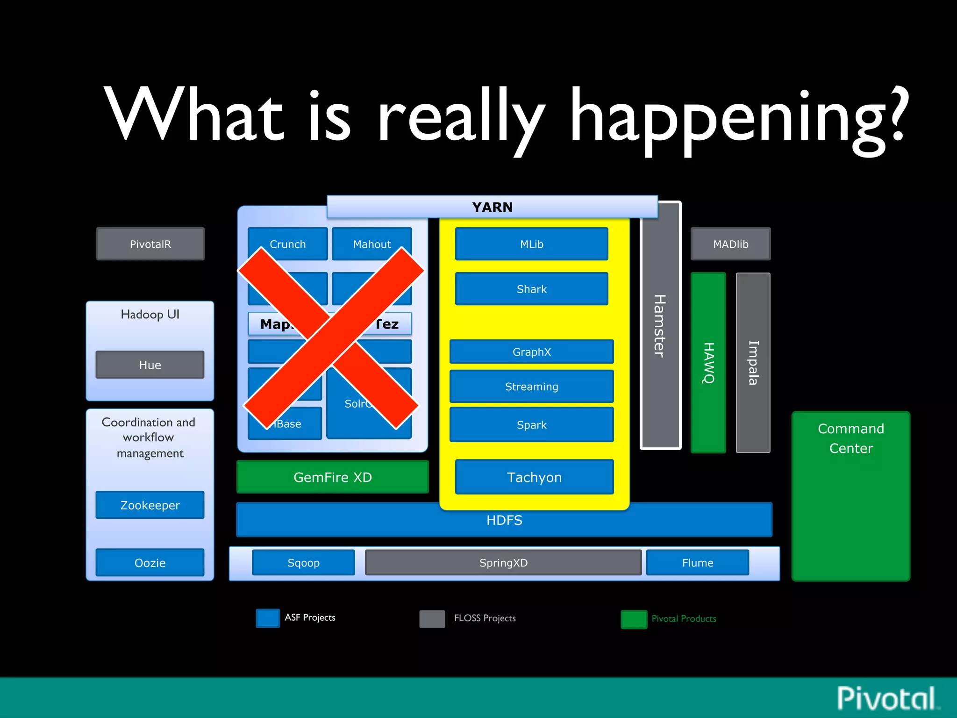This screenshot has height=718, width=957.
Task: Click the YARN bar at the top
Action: coord(492,207)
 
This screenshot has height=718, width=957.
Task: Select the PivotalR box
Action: coord(150,244)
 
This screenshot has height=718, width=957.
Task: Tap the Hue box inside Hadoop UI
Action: coord(150,365)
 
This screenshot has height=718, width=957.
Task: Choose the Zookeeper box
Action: coord(150,505)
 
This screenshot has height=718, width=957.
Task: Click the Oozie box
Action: coord(150,562)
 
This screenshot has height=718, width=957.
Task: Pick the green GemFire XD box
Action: coord(332,477)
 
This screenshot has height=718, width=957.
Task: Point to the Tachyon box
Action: coord(534,477)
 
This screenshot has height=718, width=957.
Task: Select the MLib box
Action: coord(531,244)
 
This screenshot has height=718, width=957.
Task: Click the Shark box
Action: coord(531,289)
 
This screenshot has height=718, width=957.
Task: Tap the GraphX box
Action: coord(531,352)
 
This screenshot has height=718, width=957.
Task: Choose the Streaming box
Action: coord(531,386)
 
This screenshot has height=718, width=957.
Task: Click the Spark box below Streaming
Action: coord(531,424)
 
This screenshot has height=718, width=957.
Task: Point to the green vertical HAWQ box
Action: coord(708,363)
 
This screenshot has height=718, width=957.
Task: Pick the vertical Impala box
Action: coord(753,363)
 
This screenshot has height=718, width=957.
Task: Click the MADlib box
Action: coord(730,244)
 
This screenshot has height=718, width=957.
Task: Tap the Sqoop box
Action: coord(303,562)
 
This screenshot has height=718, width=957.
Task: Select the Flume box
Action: coord(697,562)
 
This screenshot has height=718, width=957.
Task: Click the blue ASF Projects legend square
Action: coord(268,617)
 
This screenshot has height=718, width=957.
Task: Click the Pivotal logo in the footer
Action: coord(886,698)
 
